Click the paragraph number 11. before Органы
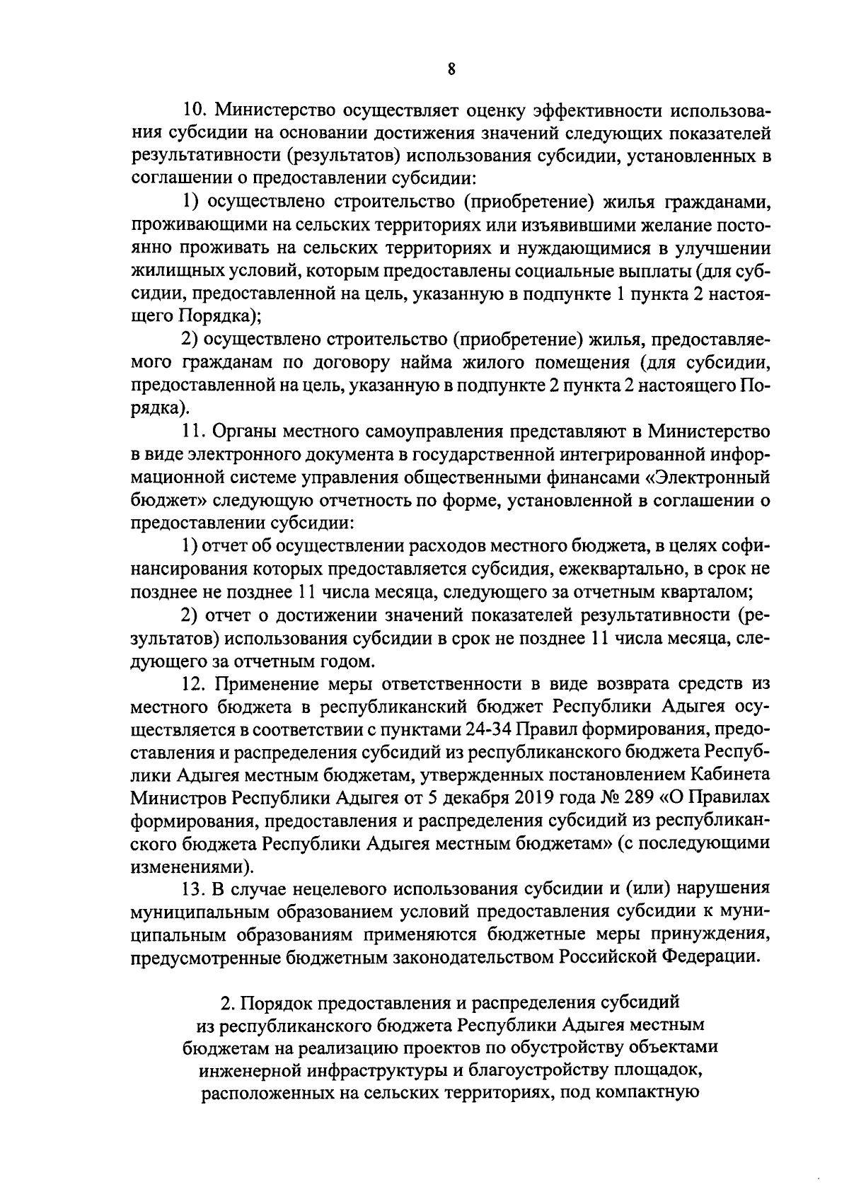click(193, 431)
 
